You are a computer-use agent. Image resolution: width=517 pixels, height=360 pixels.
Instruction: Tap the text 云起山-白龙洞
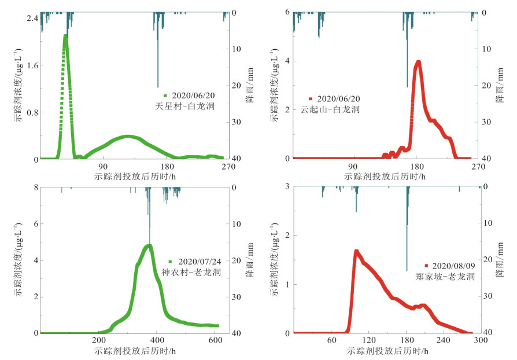pyautogui.click(x=330, y=109)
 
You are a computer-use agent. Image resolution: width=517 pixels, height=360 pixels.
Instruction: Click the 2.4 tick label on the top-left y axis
pyautogui.click(x=31, y=18)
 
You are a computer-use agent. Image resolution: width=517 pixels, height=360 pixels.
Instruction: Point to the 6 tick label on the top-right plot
pyautogui.click(x=287, y=13)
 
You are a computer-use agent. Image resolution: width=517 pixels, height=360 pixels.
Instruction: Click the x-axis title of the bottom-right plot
pyautogui.click(x=386, y=351)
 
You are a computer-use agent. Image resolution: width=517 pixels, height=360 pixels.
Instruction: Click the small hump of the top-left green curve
pyautogui.click(x=129, y=137)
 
